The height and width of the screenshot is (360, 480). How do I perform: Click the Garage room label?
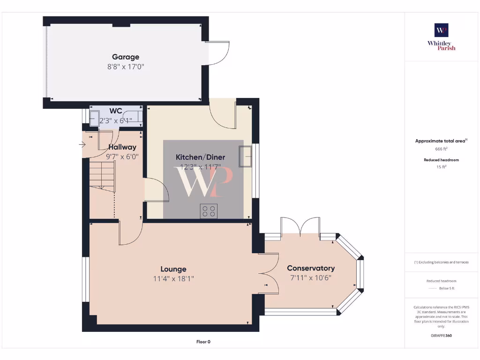pyautogui.click(x=125, y=57)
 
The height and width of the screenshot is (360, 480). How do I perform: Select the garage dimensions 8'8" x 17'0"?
pyautogui.click(x=125, y=67)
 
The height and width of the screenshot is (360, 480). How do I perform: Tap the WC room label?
pyautogui.click(x=116, y=111)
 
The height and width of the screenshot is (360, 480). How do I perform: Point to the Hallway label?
pyautogui.click(x=122, y=147)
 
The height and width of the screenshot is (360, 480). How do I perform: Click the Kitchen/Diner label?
pyautogui.click(x=200, y=157)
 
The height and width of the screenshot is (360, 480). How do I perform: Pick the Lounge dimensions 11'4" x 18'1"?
pyautogui.click(x=173, y=278)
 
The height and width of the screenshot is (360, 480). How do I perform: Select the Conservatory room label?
pyautogui.click(x=311, y=268)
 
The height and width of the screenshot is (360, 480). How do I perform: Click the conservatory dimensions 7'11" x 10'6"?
pyautogui.click(x=311, y=277)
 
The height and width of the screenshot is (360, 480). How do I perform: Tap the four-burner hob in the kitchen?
pyautogui.click(x=209, y=211)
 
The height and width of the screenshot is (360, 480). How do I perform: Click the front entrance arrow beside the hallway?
pyautogui.click(x=82, y=144)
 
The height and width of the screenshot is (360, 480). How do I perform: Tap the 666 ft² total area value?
pyautogui.click(x=441, y=149)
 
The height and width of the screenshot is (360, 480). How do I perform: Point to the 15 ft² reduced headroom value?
pyautogui.click(x=441, y=166)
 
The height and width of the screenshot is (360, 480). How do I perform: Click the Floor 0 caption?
pyautogui.click(x=203, y=342)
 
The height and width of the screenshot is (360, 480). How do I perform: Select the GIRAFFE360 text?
pyautogui.click(x=441, y=336)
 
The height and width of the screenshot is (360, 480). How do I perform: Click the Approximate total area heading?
pyautogui.click(x=441, y=141)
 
